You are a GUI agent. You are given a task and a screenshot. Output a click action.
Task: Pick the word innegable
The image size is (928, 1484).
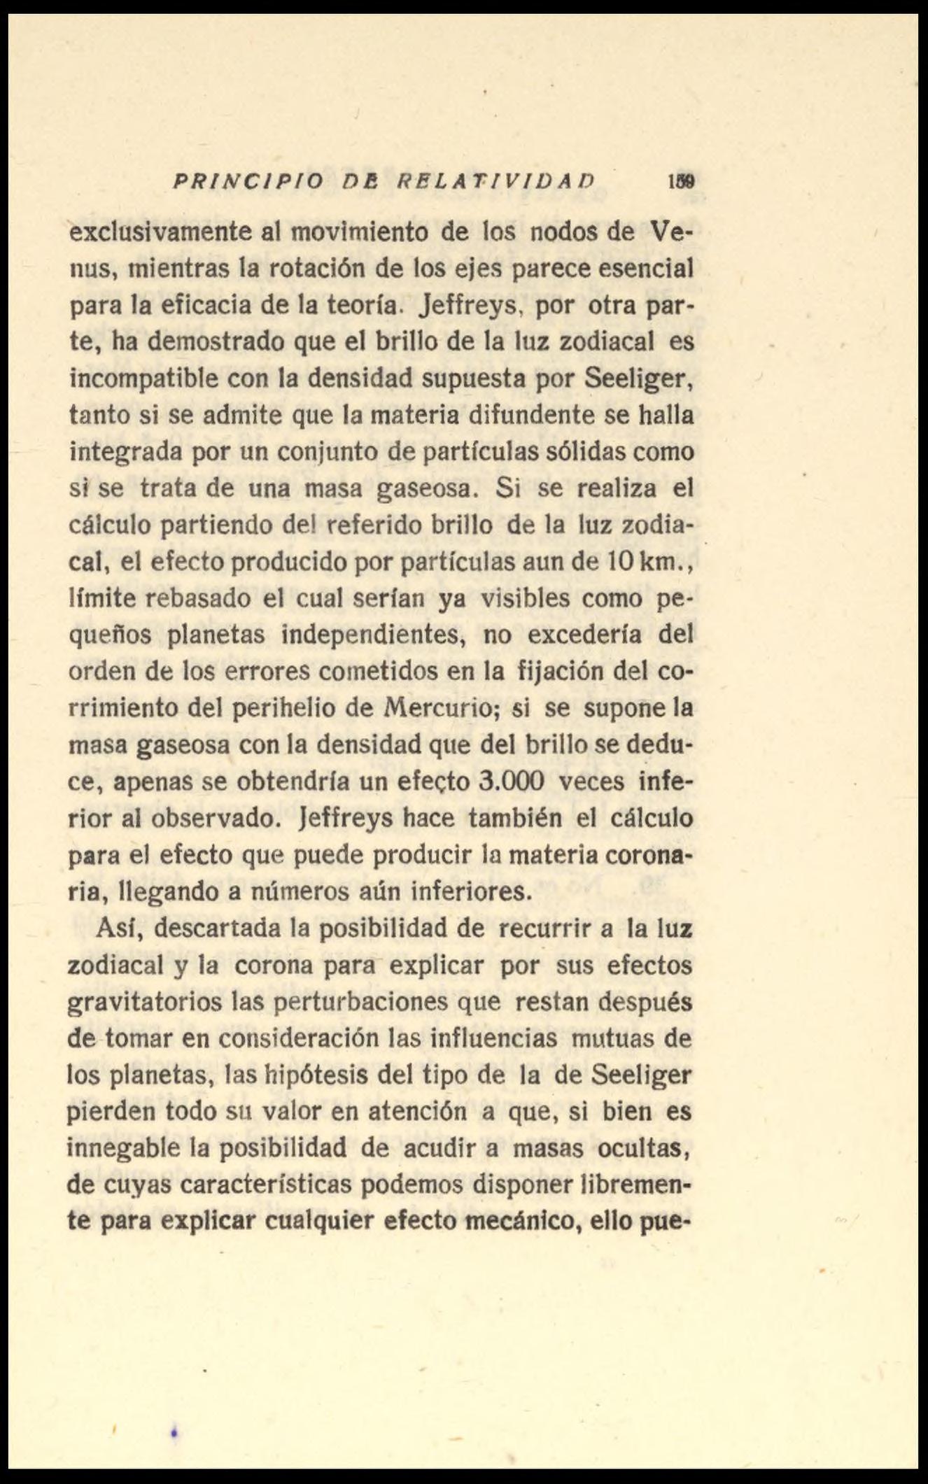coord(127,1147)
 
